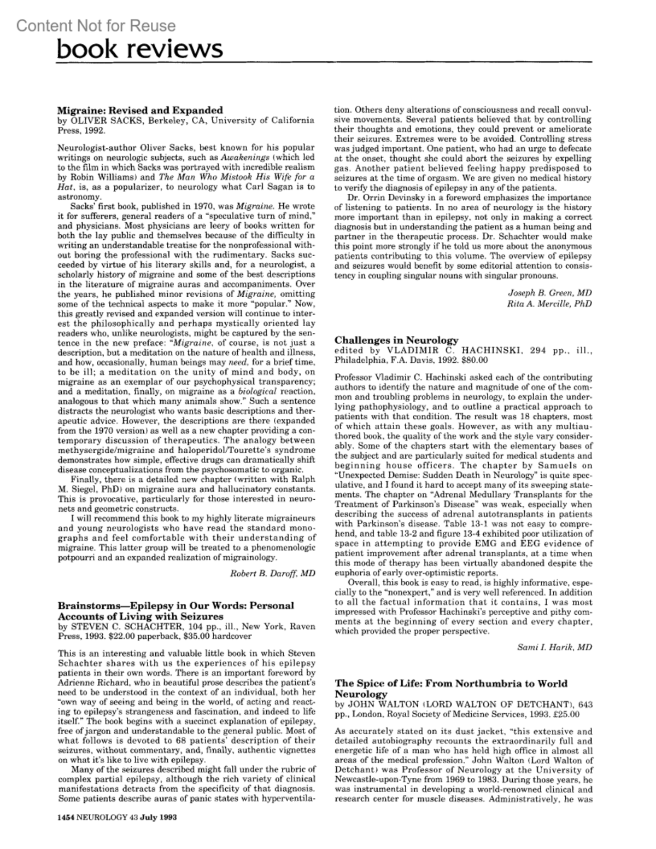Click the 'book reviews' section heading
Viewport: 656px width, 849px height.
[x=140, y=49]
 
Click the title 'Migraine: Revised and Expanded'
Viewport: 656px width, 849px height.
[x=140, y=110]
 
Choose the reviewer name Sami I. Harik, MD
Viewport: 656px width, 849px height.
[x=554, y=647]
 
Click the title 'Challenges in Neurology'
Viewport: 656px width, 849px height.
[x=396, y=340]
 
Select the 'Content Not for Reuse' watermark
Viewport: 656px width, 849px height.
[x=96, y=26]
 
